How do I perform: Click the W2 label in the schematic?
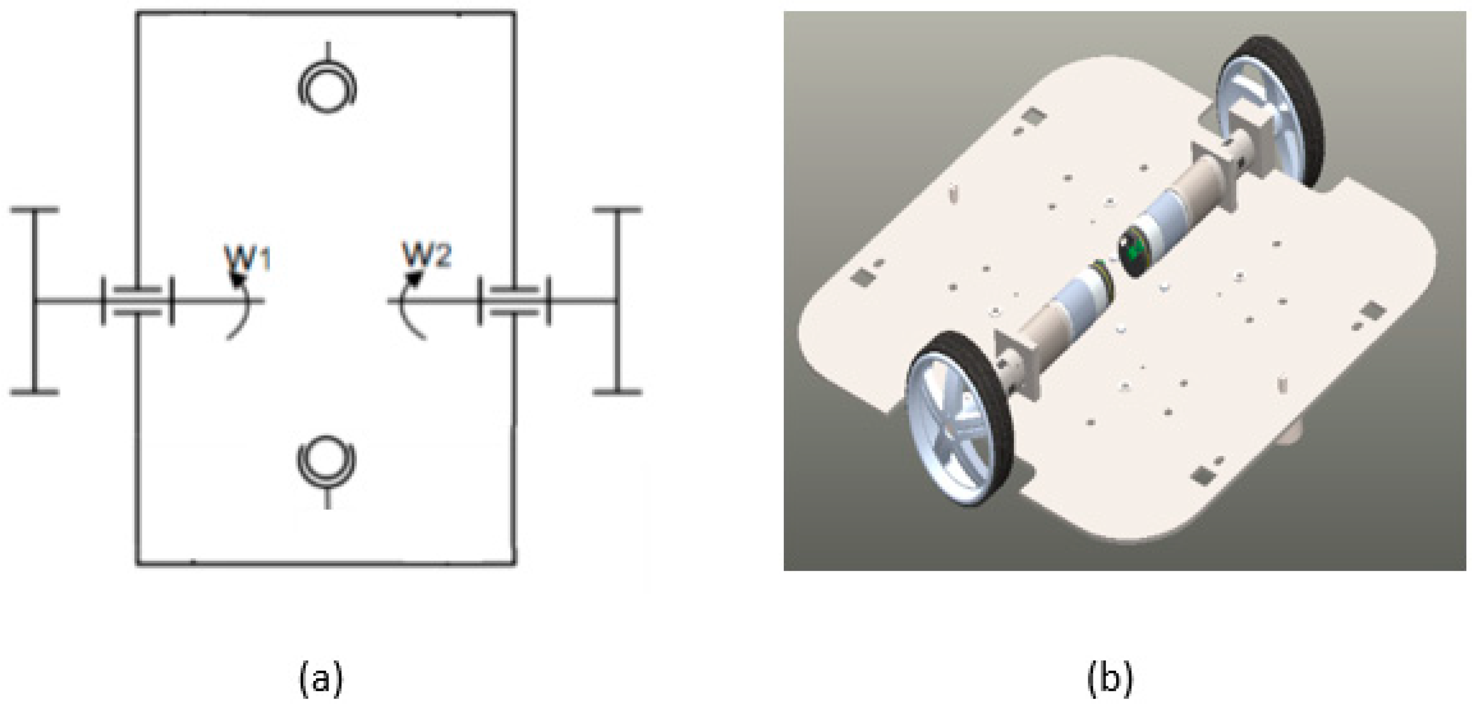coord(427,255)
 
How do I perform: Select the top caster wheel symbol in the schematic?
coord(327,88)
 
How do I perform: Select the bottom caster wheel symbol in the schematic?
coord(327,461)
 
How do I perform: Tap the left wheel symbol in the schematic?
coord(35,301)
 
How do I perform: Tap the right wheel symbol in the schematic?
coord(617,301)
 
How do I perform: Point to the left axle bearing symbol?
coord(137,301)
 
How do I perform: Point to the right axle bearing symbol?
coord(514,301)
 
